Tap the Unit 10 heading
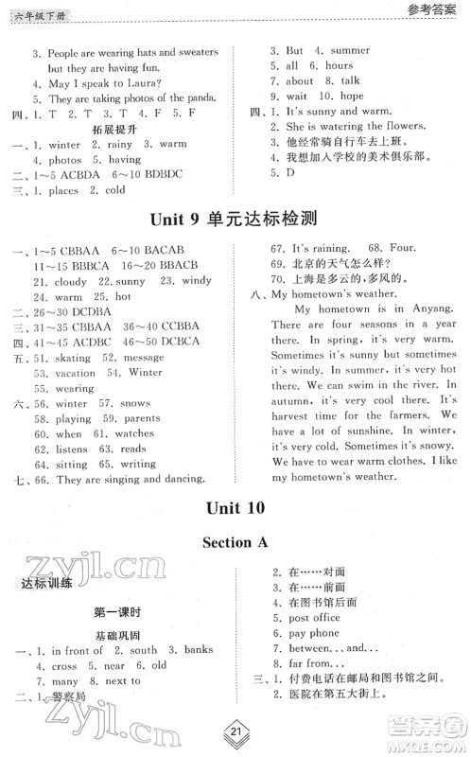point(235,508)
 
